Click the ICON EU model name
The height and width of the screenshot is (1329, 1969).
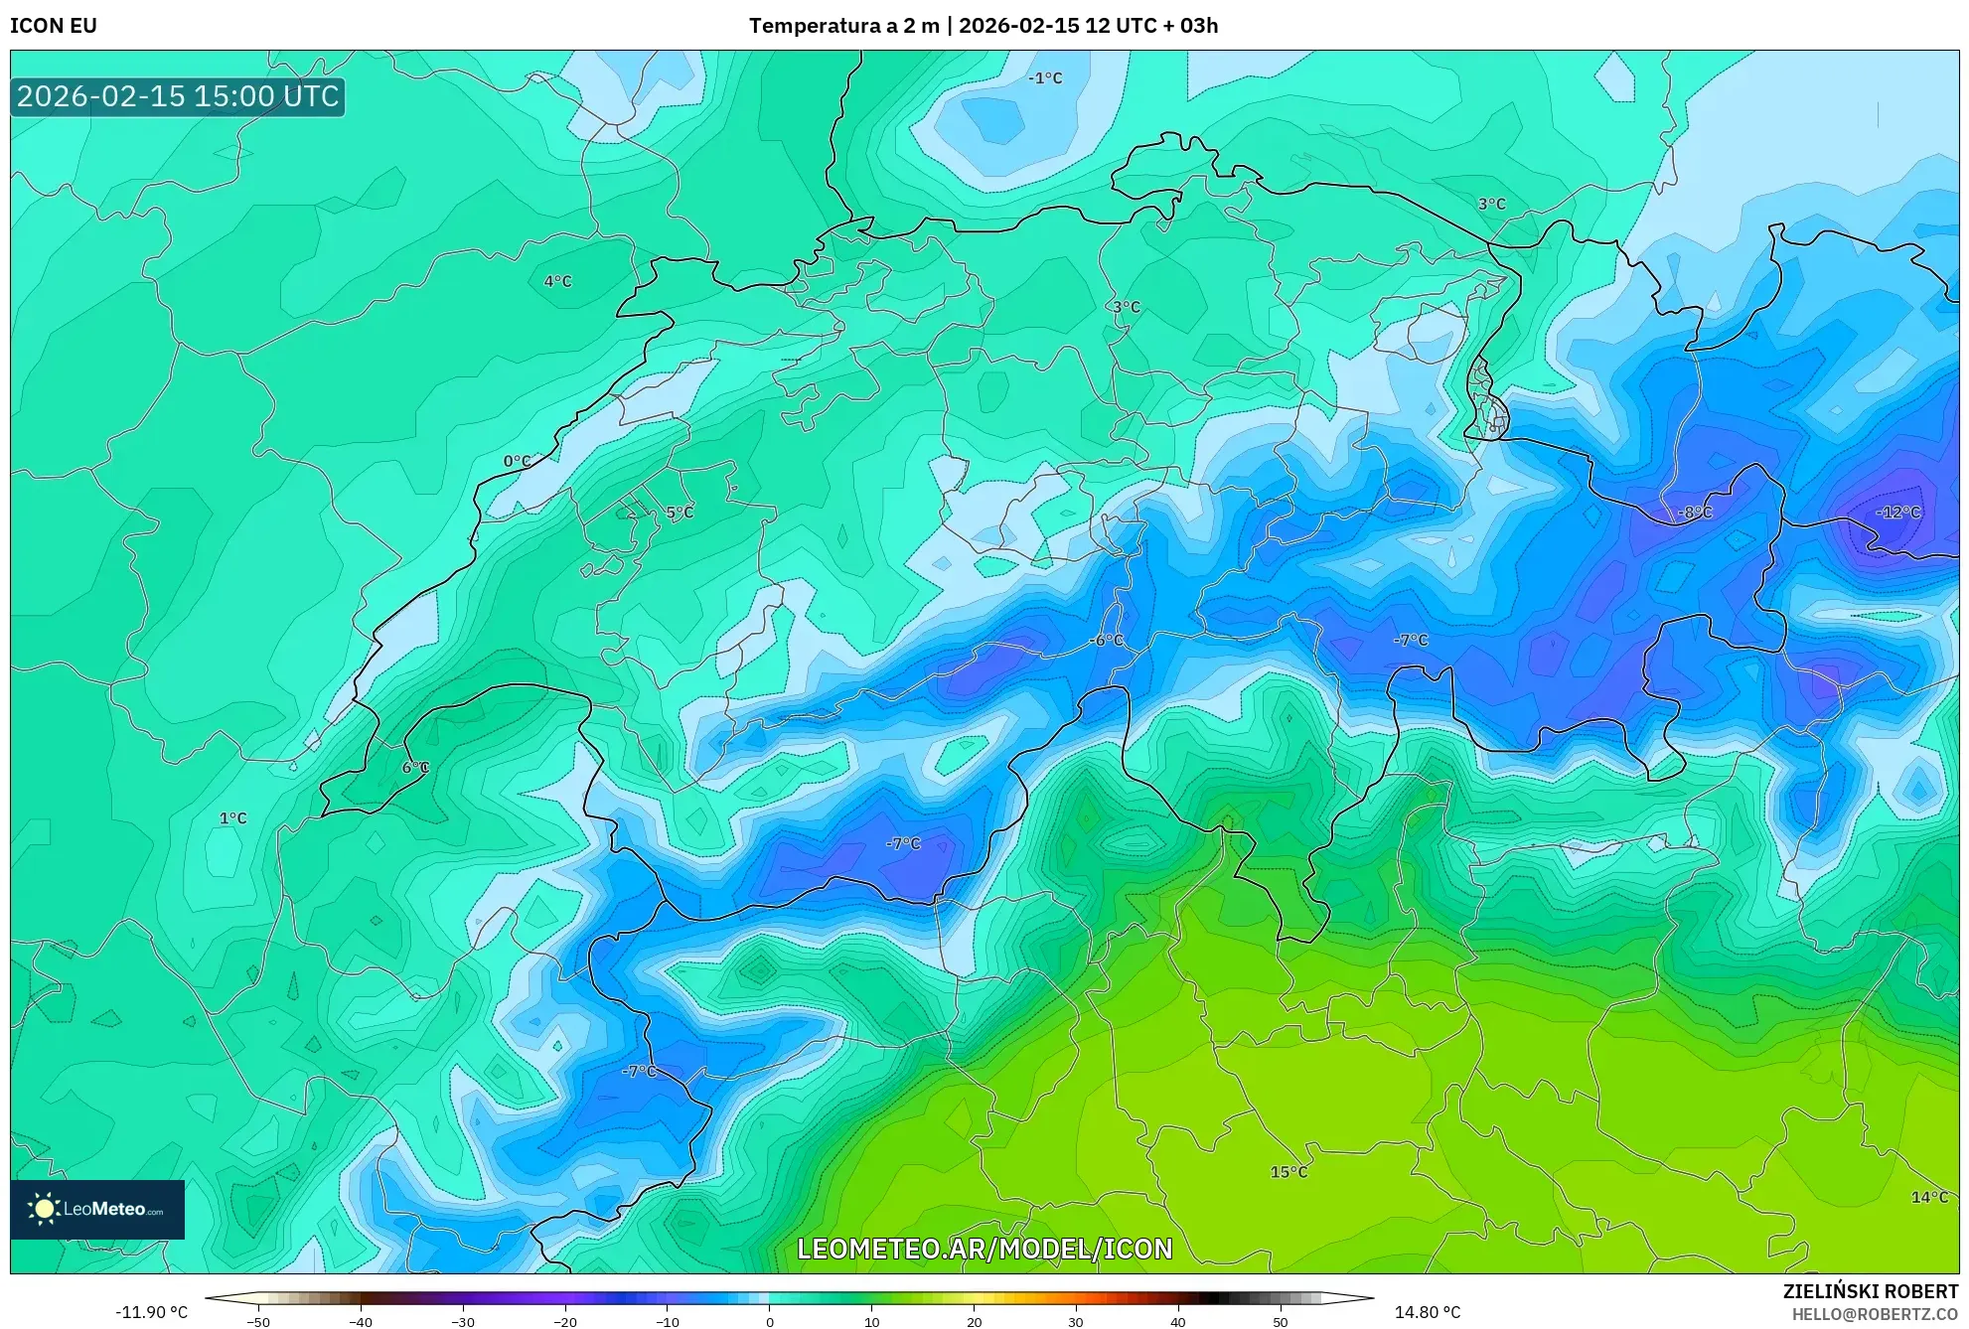54,26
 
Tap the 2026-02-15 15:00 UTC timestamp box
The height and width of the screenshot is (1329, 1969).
178,96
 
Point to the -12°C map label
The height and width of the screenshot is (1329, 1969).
1897,513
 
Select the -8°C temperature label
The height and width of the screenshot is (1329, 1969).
1695,513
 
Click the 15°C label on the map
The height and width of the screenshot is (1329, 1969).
1288,1172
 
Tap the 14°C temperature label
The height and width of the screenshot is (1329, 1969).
1929,1197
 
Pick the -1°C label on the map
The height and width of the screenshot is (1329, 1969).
1044,77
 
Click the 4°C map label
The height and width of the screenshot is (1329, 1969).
557,281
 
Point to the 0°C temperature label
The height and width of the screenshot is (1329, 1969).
517,461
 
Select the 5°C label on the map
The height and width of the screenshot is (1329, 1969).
680,513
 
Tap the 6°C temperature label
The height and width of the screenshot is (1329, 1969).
415,767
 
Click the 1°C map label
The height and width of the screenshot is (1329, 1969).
232,818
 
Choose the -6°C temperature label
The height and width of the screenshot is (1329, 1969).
1106,640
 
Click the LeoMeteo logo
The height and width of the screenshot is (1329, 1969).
97,1209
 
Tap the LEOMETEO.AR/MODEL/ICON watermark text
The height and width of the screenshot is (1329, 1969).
984,1249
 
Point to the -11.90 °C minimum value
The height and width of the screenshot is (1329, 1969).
151,1312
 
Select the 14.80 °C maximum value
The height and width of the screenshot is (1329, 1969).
1427,1312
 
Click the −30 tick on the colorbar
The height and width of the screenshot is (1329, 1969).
463,1321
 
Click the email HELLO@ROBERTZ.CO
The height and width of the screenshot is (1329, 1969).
1875,1314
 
